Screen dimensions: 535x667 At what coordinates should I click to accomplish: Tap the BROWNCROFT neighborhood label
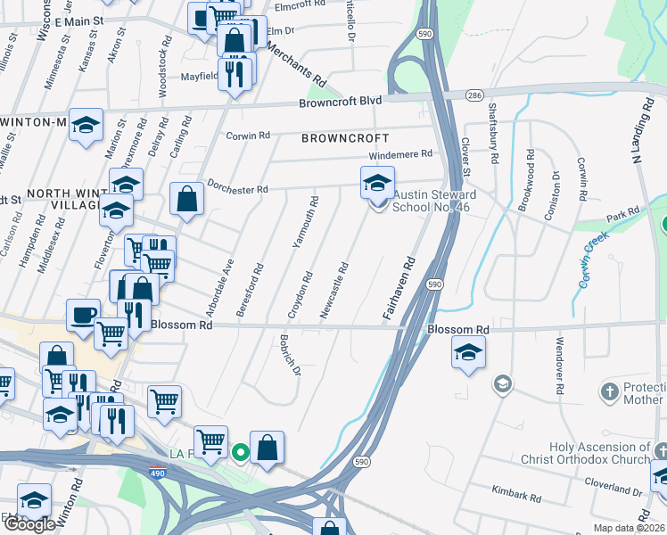[345, 139]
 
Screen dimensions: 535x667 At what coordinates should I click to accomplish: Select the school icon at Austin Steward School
[377, 184]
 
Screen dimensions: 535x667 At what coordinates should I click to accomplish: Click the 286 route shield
[473, 95]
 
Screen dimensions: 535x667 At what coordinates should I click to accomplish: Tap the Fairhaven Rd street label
[399, 290]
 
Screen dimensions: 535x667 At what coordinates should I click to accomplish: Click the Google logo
[29, 524]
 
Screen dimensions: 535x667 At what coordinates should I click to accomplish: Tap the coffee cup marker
[84, 315]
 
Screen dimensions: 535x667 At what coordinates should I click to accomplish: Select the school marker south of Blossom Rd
[468, 353]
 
